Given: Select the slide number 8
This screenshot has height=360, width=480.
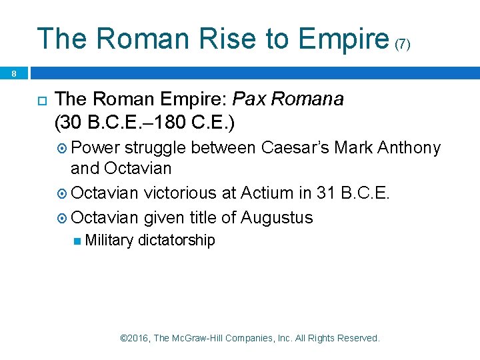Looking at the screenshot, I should click(x=14, y=74).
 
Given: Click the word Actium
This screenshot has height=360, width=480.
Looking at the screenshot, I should click(x=269, y=193).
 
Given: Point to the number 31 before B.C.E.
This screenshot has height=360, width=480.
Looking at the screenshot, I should click(x=326, y=193).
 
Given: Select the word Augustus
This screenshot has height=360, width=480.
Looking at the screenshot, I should click(x=277, y=217).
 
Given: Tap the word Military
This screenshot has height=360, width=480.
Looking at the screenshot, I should click(x=109, y=240).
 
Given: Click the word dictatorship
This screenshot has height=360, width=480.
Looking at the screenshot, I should click(x=176, y=240).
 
